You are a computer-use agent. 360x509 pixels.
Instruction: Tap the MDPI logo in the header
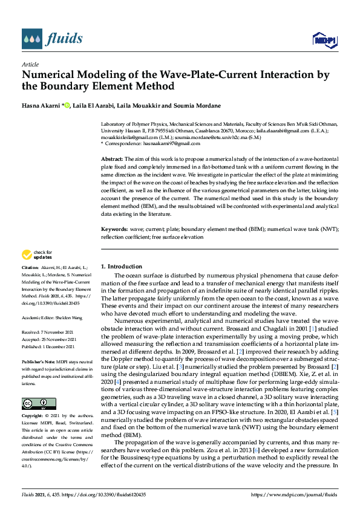pos(322,40)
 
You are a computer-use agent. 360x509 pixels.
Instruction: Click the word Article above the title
pos(30,64)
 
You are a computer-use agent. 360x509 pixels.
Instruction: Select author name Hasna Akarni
pos(42,105)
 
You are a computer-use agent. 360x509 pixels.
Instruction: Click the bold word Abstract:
pos(113,158)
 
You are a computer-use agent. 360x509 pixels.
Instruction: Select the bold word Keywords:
pos(114,230)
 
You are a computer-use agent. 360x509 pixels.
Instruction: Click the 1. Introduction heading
pos(121,266)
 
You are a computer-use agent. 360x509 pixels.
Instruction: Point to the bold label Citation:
pos(30,267)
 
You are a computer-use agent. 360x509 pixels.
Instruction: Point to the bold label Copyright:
pos(31,400)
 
